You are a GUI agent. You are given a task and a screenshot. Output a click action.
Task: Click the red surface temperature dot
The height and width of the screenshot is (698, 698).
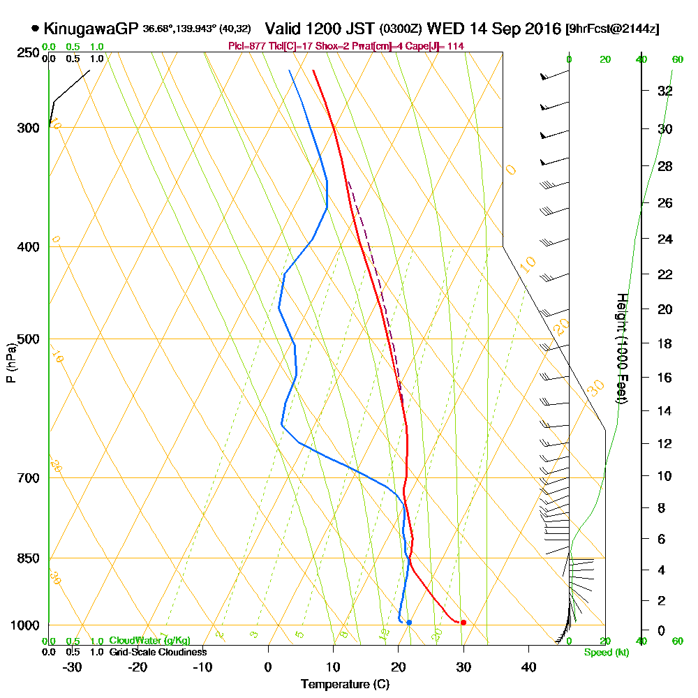(x=463, y=622)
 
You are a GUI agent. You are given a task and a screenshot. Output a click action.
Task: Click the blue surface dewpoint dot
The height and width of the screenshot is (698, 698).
(x=409, y=622)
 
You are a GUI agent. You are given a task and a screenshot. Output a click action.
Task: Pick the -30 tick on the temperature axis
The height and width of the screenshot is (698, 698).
(x=73, y=667)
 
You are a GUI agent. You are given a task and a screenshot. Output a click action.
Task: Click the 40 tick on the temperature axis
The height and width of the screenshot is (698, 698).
(x=528, y=667)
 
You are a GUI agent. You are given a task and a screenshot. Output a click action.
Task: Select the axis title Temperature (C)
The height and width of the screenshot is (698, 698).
(x=345, y=685)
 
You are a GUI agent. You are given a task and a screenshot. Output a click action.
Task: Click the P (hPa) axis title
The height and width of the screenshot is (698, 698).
(x=10, y=363)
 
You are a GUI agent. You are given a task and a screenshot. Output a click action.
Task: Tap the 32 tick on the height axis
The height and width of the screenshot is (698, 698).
(x=665, y=91)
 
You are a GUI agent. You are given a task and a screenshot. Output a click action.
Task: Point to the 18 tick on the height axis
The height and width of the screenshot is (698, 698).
(x=665, y=343)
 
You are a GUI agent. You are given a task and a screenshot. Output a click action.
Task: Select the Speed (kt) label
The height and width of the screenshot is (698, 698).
(x=606, y=653)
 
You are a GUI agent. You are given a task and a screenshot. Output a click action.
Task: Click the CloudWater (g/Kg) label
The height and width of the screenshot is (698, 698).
(x=149, y=641)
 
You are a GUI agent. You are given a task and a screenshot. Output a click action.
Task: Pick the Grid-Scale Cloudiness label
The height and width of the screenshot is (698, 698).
(x=157, y=652)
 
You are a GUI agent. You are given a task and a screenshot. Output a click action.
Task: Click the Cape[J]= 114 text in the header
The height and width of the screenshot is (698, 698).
(x=437, y=46)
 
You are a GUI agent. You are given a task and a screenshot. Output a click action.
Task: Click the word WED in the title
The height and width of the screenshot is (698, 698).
(x=444, y=29)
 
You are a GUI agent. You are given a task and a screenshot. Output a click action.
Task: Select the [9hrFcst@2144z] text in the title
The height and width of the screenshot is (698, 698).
(x=612, y=29)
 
